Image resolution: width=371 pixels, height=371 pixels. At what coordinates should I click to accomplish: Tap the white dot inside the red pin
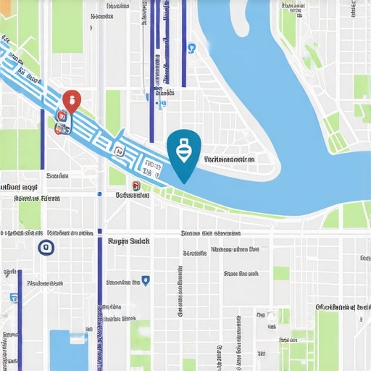(x=72, y=99)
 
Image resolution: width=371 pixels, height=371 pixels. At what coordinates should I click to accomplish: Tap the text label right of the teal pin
(x=229, y=159)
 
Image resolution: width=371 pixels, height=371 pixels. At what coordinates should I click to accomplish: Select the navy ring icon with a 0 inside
(x=45, y=248)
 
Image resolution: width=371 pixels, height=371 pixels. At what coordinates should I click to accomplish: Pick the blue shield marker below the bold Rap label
(x=146, y=279)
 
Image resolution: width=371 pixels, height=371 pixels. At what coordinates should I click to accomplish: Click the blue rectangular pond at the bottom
(x=69, y=349)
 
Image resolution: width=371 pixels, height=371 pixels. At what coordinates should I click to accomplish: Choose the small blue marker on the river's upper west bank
(x=191, y=49)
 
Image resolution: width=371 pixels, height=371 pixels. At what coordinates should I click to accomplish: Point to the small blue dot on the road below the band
(x=99, y=194)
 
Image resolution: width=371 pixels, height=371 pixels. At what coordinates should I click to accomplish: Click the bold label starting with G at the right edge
(x=343, y=307)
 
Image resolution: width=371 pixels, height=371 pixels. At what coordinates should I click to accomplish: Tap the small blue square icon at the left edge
(x=13, y=297)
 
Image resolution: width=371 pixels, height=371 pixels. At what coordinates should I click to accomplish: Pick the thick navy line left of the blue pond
(x=20, y=319)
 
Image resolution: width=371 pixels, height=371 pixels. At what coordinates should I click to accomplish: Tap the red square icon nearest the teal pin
(x=135, y=185)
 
